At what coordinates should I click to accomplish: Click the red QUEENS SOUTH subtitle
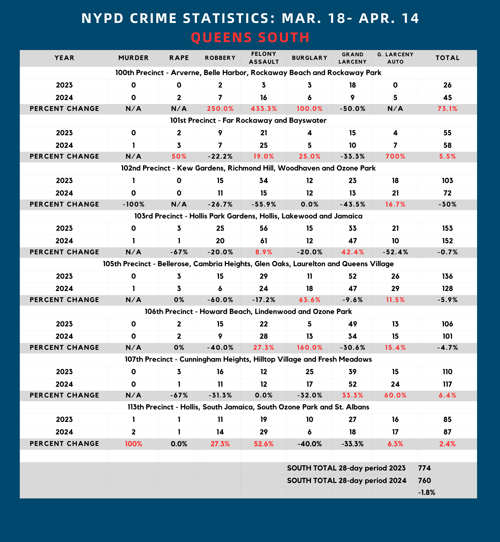point(250,37)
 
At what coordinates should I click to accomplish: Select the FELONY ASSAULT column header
point(264,58)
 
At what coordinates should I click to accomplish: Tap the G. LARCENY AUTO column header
point(395,58)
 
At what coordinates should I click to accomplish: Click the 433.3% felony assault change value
point(264,109)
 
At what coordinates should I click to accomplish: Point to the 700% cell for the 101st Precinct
point(395,157)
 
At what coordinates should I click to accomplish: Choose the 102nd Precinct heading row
point(248,168)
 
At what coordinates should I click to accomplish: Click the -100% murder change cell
point(133,205)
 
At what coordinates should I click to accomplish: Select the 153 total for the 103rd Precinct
point(447,228)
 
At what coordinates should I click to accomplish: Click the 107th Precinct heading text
point(248,359)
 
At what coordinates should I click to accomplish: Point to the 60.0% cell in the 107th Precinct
point(395,395)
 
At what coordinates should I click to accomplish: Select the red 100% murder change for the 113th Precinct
point(133,444)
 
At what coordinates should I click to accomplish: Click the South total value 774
point(424,468)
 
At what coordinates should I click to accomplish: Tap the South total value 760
point(424,481)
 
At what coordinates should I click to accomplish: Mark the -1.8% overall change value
point(426,492)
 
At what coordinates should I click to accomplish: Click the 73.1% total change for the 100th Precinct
point(447,109)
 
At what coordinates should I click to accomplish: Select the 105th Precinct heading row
point(248,264)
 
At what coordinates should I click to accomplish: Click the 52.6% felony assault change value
point(264,444)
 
